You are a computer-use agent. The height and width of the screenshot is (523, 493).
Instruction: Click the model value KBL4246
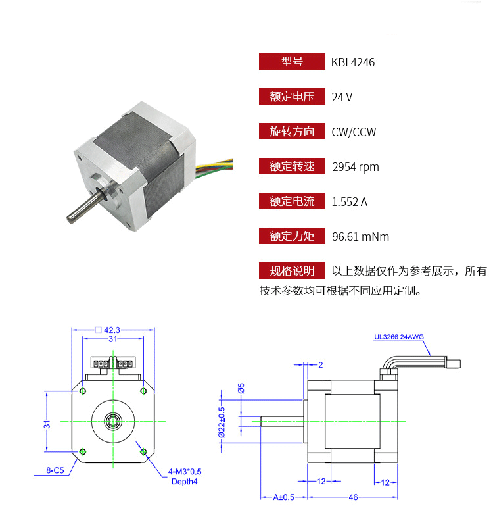353,62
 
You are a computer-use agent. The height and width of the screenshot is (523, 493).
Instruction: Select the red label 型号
291,62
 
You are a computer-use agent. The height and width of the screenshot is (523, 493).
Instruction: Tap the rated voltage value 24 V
342,97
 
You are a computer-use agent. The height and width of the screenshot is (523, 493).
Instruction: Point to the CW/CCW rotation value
354,132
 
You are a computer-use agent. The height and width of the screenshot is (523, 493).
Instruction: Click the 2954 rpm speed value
356,167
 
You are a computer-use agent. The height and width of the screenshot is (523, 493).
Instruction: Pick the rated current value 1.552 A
350,202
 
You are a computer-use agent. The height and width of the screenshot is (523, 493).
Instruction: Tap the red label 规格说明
291,271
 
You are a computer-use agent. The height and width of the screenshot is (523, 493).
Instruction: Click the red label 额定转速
291,167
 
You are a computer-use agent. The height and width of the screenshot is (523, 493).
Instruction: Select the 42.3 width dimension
115,330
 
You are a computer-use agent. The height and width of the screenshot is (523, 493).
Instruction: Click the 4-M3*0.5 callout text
185,472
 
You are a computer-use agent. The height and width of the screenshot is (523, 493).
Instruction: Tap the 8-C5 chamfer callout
55,471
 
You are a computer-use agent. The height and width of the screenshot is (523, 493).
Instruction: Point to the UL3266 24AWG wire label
399,337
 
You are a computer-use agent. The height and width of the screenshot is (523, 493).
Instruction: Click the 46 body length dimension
353,497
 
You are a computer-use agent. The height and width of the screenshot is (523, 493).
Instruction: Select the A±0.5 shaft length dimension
283,497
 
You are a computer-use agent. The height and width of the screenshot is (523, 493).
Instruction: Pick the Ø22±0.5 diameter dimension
222,421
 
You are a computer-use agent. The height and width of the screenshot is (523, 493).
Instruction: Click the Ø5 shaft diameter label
241,388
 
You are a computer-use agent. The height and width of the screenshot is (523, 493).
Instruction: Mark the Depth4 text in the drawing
185,481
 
